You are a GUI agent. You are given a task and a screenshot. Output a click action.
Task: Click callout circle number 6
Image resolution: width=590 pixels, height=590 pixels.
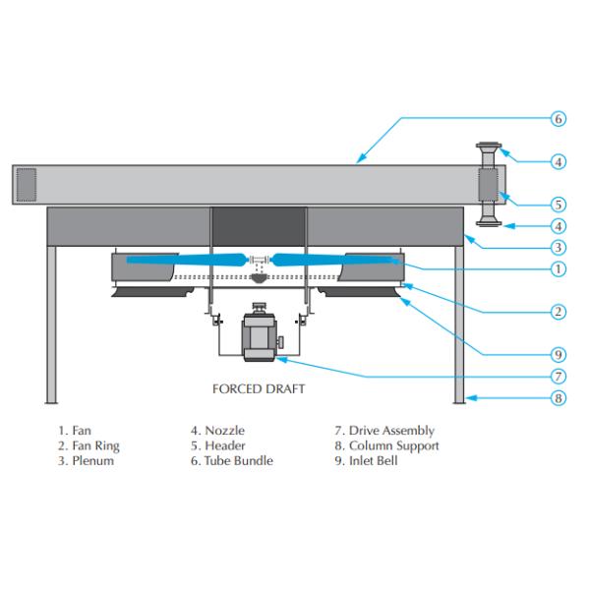click(558, 119)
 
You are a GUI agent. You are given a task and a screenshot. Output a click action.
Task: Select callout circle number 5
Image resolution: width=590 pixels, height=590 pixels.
click(558, 205)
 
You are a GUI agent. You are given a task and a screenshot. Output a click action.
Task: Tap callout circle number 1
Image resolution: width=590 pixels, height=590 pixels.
click(558, 267)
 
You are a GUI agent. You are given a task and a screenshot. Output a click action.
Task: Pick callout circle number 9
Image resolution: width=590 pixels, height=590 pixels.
click(558, 353)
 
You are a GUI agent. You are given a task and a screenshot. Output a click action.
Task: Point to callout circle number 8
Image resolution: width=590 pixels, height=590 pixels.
click(558, 398)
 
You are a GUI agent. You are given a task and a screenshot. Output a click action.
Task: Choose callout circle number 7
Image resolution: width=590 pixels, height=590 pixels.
click(558, 376)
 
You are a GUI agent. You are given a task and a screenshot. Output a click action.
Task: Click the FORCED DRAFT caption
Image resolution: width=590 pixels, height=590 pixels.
click(259, 388)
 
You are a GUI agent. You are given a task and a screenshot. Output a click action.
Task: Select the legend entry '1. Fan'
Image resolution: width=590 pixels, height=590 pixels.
click(77, 431)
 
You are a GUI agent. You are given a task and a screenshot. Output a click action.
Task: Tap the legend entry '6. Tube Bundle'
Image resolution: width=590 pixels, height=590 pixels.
click(231, 460)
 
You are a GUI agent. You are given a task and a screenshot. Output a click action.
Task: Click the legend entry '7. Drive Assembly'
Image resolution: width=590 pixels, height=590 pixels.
click(384, 431)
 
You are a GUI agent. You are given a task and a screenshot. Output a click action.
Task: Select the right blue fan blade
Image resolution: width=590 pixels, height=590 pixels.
click(334, 260)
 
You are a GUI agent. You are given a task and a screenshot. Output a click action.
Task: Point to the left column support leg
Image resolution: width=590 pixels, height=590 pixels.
click(51, 324)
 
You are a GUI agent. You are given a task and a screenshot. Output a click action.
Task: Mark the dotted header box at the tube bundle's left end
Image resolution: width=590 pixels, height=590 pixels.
click(27, 185)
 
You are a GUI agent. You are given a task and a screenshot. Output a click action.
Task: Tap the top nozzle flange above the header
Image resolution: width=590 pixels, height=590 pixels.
click(489, 148)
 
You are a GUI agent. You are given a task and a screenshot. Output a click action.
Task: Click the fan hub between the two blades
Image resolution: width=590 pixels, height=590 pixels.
click(260, 261)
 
